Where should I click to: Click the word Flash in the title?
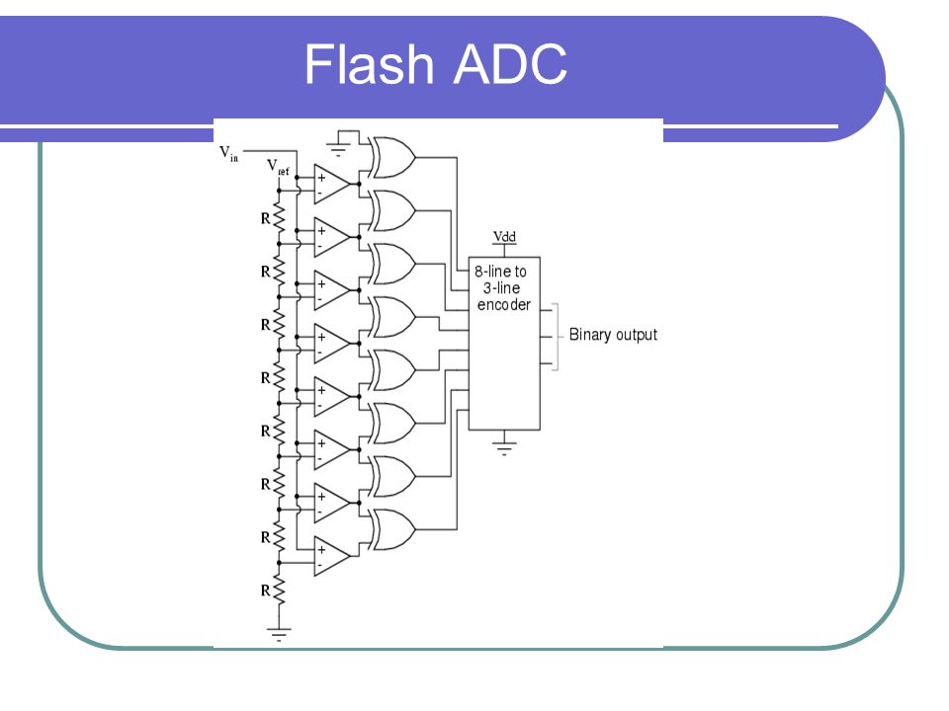coord(370,63)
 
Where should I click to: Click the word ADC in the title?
coord(510,64)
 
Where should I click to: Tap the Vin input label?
coord(228,154)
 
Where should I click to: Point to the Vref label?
coord(278,167)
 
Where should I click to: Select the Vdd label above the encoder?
coord(504,236)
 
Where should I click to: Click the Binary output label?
coord(613,335)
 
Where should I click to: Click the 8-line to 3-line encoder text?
coord(502,287)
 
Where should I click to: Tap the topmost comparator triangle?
coord(332,184)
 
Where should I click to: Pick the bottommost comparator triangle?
coord(332,556)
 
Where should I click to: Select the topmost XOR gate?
coord(393,157)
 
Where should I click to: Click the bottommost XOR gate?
coord(393,529)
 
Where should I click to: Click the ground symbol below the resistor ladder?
coord(279,634)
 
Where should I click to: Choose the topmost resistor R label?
coord(265,218)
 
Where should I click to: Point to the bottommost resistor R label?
coord(265,591)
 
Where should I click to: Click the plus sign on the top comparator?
coord(321,177)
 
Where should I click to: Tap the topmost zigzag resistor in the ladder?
coord(279,217)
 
